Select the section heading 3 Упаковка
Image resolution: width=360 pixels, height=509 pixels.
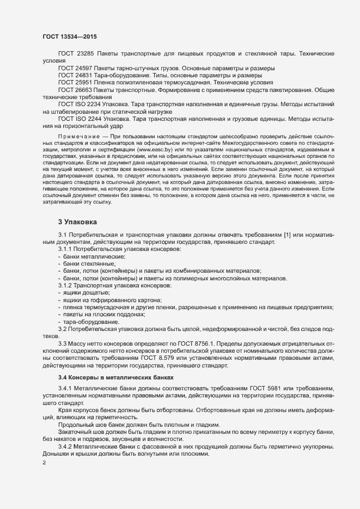pos(77,222)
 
